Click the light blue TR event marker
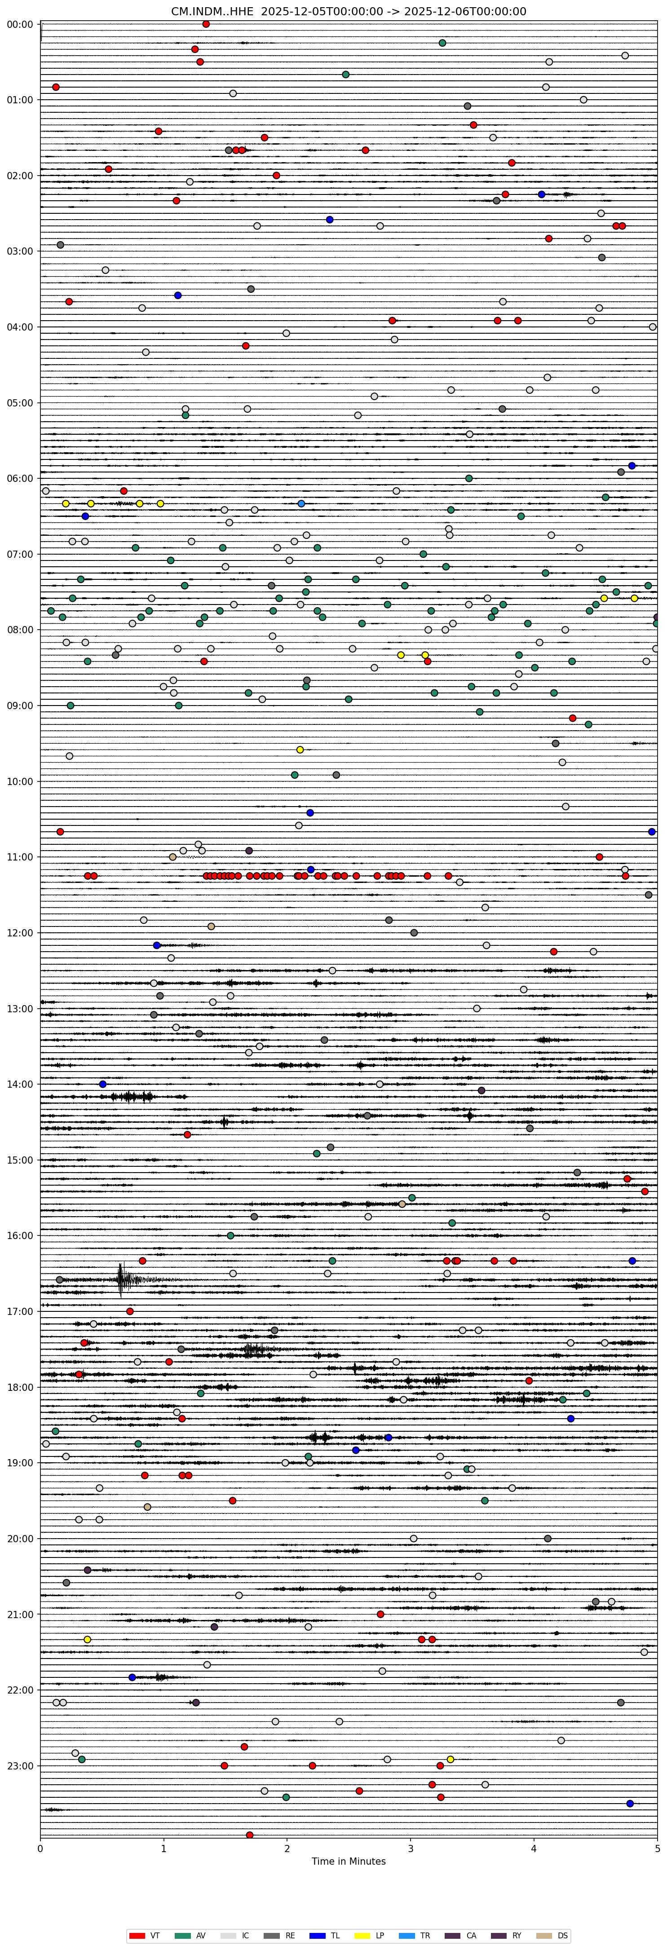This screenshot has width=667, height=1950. (301, 503)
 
